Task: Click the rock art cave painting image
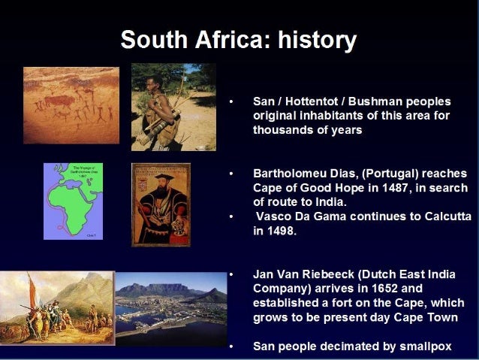(x=71, y=105)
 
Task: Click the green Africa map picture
(x=73, y=201)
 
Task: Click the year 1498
(x=282, y=231)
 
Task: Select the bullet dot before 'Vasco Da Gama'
(x=232, y=216)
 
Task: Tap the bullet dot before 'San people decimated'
(x=232, y=346)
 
